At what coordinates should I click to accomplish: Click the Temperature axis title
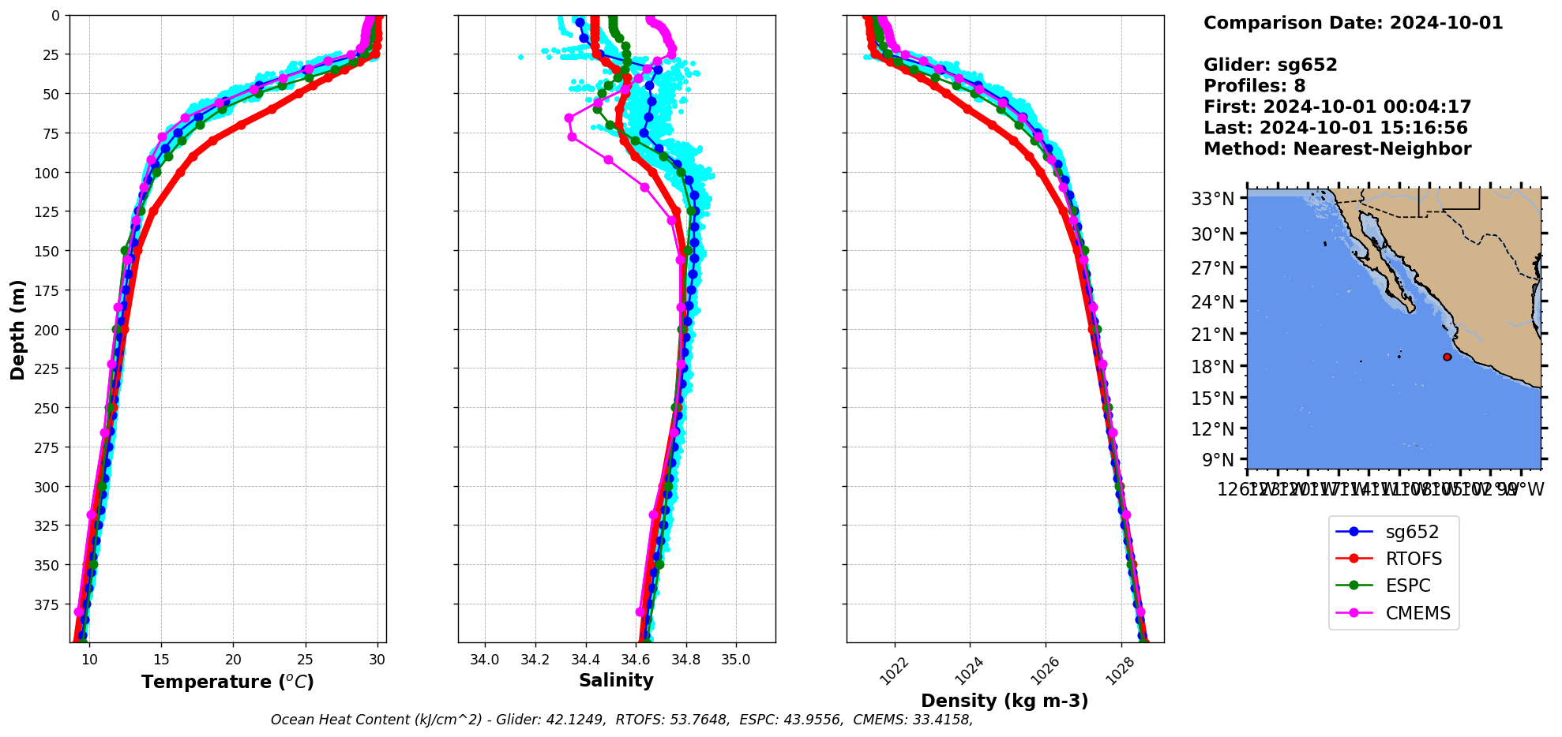[x=227, y=682]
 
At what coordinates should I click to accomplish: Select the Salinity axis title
[x=616, y=681]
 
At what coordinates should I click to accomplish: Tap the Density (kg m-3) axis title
[x=1004, y=701]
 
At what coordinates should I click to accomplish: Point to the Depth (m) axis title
[x=18, y=329]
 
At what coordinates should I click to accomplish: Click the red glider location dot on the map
[x=1447, y=357]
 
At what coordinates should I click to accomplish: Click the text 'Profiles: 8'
[x=1254, y=86]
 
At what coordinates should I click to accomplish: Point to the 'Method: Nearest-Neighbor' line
[x=1337, y=149]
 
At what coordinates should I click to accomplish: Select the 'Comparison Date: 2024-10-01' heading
[x=1353, y=23]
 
